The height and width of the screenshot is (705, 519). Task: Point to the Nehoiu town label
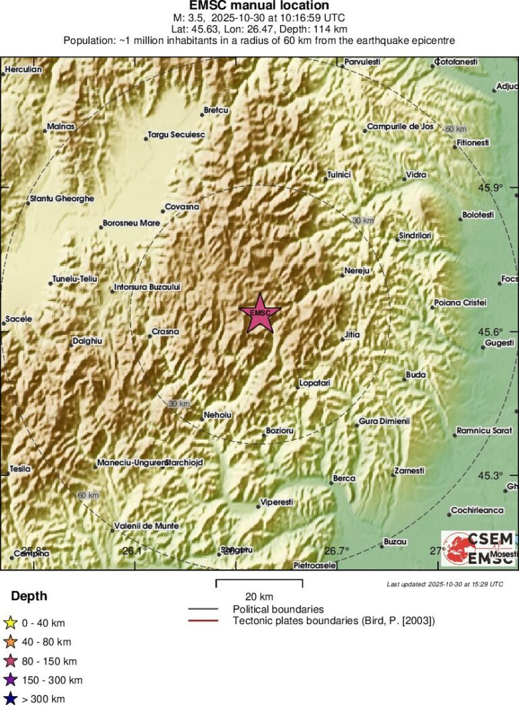[x=221, y=416]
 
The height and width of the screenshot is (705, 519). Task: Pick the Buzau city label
[x=395, y=542]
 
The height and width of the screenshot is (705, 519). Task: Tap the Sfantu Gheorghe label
[x=61, y=199]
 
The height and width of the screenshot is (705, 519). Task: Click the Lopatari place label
[x=314, y=384]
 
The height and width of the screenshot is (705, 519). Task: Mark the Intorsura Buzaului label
[x=147, y=287]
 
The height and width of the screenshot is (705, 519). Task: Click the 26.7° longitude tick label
[x=337, y=550]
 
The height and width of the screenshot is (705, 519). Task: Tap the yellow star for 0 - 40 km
[x=11, y=623]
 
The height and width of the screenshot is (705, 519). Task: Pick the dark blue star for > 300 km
[x=11, y=699]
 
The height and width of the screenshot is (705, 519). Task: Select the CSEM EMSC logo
[x=477, y=548]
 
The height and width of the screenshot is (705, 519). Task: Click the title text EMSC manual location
[x=259, y=6]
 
